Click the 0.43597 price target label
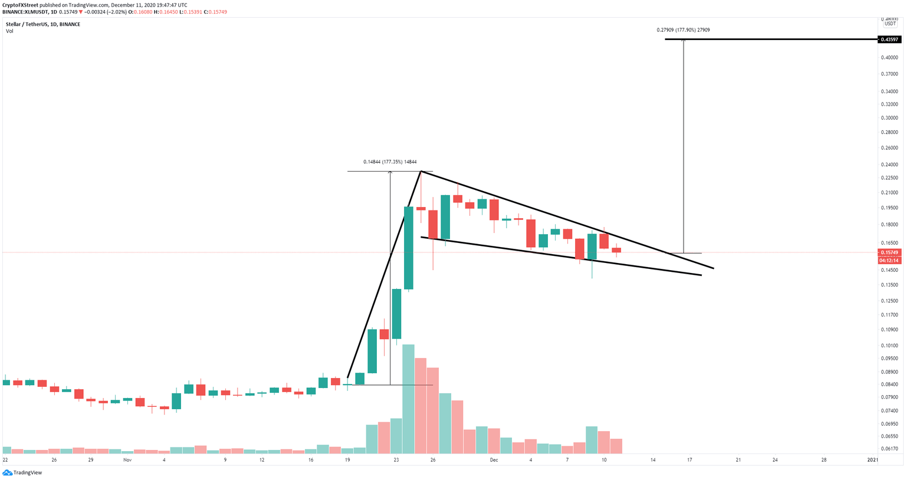click(x=889, y=40)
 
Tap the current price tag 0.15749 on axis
click(x=889, y=252)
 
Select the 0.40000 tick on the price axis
click(x=889, y=58)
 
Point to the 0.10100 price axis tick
click(x=889, y=346)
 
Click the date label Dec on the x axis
click(x=494, y=460)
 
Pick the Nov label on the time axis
click(x=127, y=460)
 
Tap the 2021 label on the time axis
click(x=872, y=460)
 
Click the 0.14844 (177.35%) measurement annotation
click(x=390, y=162)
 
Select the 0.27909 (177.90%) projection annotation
click(x=683, y=29)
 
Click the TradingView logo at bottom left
click(x=22, y=472)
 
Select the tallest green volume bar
click(x=408, y=399)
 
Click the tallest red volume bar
click(x=421, y=406)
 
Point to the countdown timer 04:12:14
click(x=889, y=261)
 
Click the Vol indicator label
click(x=9, y=31)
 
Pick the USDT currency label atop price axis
click(x=889, y=24)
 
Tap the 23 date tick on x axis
click(x=396, y=460)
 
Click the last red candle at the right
click(x=616, y=250)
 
